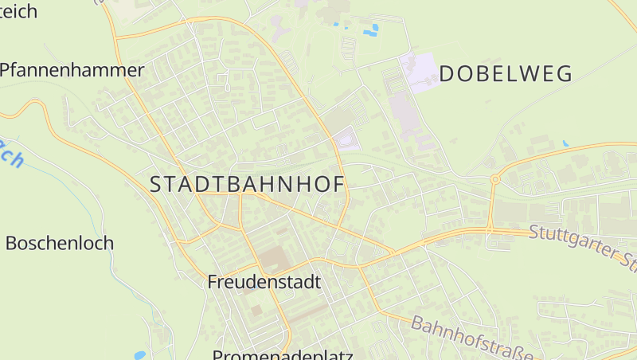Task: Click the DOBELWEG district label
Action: click(506, 74)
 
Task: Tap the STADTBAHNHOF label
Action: click(248, 184)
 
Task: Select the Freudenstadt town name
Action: click(264, 281)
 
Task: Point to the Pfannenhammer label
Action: click(72, 70)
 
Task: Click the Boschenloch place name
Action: click(60, 243)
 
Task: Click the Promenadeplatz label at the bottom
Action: click(283, 354)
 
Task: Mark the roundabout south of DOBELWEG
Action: click(494, 180)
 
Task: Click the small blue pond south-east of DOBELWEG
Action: click(565, 143)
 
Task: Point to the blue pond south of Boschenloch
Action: click(140, 355)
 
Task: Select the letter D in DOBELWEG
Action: click(447, 74)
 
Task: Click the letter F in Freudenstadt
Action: click(213, 281)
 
